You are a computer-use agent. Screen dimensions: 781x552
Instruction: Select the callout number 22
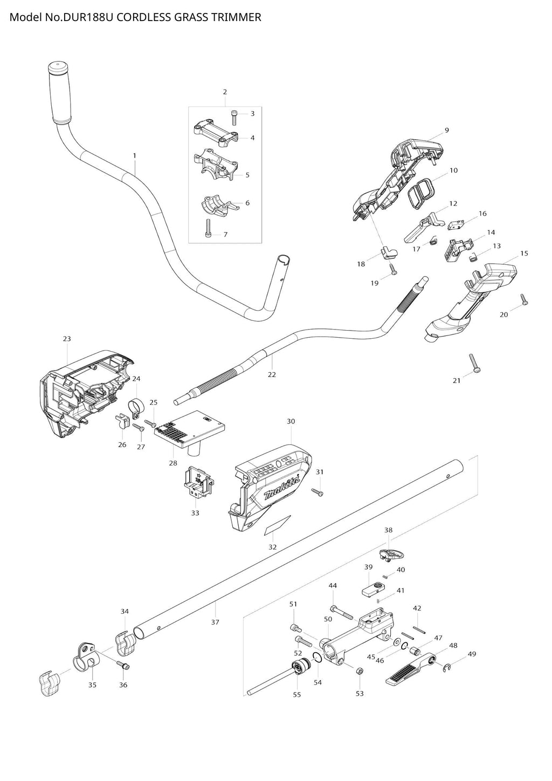coord(272,374)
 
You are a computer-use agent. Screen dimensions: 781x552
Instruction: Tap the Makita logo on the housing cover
coord(279,488)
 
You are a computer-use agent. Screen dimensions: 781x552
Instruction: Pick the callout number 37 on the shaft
coord(215,622)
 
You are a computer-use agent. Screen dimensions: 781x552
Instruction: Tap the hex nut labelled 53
coord(361,671)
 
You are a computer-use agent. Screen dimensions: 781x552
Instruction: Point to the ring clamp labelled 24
coord(134,406)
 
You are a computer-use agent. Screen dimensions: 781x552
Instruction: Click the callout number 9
coord(446,130)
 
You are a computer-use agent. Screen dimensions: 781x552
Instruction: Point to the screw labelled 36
coord(123,666)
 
